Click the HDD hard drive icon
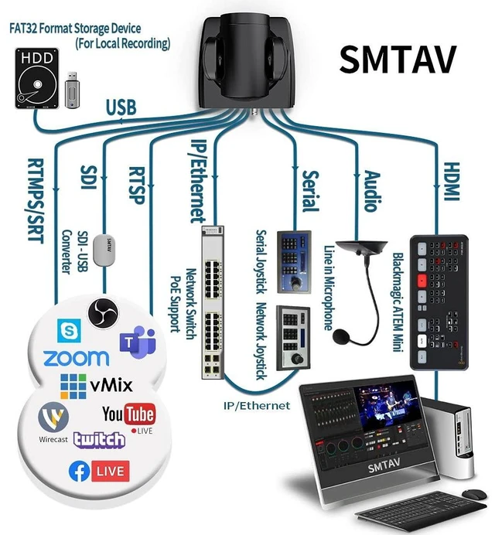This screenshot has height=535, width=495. (x=37, y=78)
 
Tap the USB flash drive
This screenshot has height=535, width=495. (x=72, y=90)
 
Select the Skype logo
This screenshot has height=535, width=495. (x=70, y=331)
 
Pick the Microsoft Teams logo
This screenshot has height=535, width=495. (x=138, y=342)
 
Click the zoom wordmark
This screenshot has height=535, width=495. (x=77, y=358)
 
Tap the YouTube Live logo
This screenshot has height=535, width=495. (x=129, y=417)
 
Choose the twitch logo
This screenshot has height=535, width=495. (x=99, y=439)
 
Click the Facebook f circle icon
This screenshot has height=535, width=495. (x=79, y=471)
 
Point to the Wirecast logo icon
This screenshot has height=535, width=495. (x=53, y=417)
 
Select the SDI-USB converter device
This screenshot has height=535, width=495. (x=104, y=250)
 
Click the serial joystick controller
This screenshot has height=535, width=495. (x=294, y=261)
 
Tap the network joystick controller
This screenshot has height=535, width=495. (x=294, y=338)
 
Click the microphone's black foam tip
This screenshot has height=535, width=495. (x=341, y=336)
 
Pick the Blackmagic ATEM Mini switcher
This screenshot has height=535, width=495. (x=439, y=302)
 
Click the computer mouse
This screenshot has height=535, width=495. (x=475, y=494)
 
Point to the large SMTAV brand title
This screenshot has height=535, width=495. (x=398, y=60)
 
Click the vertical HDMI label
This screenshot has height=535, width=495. (x=452, y=182)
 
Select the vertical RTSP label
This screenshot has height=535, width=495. (x=137, y=186)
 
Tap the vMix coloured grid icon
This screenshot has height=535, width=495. (x=73, y=387)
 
